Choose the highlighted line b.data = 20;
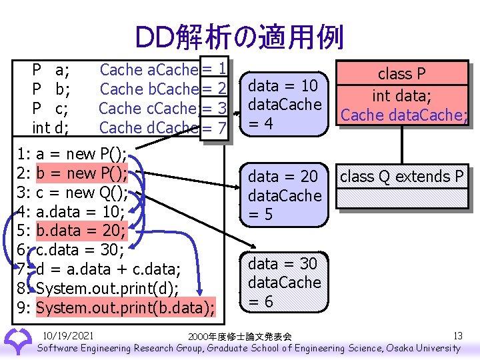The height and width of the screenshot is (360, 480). coord(84,231)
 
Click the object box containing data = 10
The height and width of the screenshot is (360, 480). coord(285,104)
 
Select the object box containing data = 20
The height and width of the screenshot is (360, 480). coord(285,195)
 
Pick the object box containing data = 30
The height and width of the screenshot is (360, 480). coord(285,282)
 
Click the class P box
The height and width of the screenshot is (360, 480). coord(402,94)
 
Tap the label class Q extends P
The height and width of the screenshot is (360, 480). coord(402,177)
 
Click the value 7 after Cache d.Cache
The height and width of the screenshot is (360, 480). coord(223,127)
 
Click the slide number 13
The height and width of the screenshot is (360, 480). coord(457,335)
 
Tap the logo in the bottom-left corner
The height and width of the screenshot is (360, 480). coord(17,341)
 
